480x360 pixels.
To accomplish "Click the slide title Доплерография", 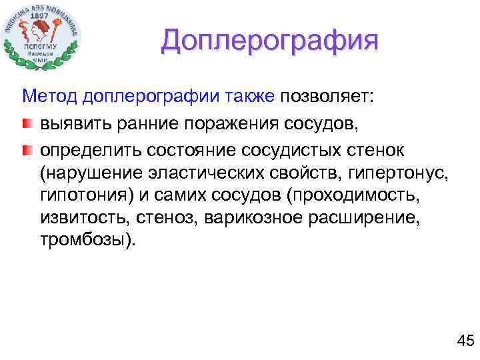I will coord(269,41).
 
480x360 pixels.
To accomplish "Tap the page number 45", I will coord(465,341).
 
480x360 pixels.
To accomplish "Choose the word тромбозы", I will coord(87,239).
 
